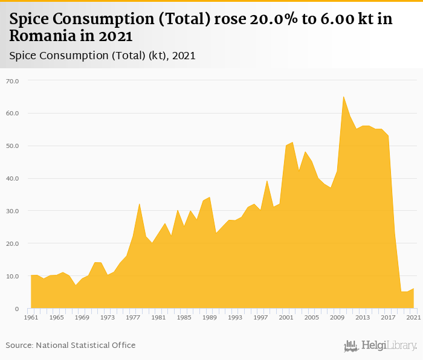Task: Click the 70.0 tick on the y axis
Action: [x=13, y=80]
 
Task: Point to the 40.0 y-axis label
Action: [x=13, y=178]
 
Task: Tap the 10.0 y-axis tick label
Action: [x=13, y=276]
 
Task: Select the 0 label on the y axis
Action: [x=17, y=309]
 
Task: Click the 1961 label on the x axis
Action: [x=31, y=317]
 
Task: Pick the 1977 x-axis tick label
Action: [x=133, y=317]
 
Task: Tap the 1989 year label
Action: [x=210, y=317]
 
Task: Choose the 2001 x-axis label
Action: [x=286, y=317]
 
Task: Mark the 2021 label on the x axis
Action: [x=413, y=317]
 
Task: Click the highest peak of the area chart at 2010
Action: [x=343, y=97]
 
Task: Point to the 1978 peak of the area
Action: [x=140, y=204]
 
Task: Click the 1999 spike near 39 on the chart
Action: [x=267, y=181]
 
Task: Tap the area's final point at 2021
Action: [x=413, y=289]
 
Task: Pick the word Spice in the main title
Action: [x=31, y=19]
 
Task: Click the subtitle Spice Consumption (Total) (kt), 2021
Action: [x=102, y=56]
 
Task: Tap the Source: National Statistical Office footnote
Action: [x=71, y=345]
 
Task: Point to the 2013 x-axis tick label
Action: [x=363, y=317]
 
